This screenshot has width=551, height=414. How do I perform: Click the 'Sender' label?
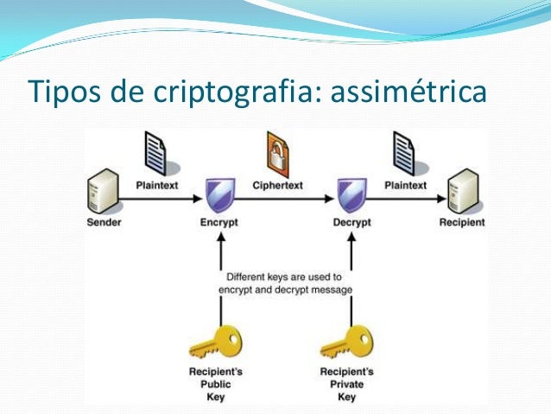pyautogui.click(x=104, y=222)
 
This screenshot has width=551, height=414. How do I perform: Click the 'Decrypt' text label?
pyautogui.click(x=351, y=222)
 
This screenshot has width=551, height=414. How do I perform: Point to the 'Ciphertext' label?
pyautogui.click(x=277, y=185)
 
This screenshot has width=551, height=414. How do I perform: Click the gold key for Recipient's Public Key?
pyautogui.click(x=213, y=343)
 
